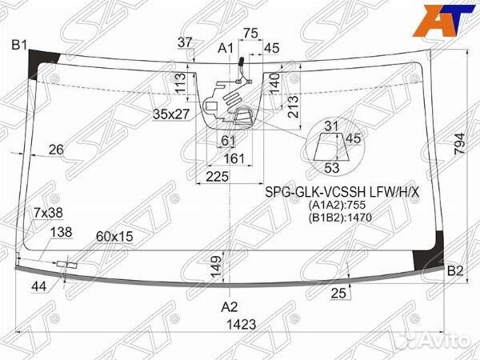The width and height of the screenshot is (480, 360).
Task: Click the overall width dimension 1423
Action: pos(242,324)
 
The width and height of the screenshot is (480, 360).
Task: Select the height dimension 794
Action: pos(459,144)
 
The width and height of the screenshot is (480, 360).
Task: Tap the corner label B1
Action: pos(19,45)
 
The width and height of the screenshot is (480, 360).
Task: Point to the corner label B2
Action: pos(455,271)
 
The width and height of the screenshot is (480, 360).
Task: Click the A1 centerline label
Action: pos(226,48)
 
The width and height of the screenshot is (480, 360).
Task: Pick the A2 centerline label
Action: pos(230,306)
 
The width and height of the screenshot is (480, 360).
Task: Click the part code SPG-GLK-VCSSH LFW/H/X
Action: pos(342,192)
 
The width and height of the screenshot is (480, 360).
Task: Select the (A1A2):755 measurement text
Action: pos(337,205)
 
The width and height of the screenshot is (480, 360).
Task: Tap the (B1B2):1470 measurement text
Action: pos(340,218)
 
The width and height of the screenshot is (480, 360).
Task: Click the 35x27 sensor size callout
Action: pos(171,114)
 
